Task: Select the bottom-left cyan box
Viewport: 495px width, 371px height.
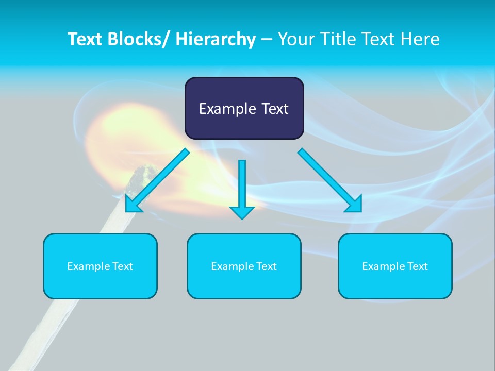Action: point(100,266)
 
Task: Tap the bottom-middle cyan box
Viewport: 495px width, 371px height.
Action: point(244,266)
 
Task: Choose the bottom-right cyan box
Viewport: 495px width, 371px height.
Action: point(395,266)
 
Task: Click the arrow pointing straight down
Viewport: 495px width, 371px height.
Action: point(242,188)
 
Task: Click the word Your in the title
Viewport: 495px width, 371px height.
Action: point(295,39)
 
